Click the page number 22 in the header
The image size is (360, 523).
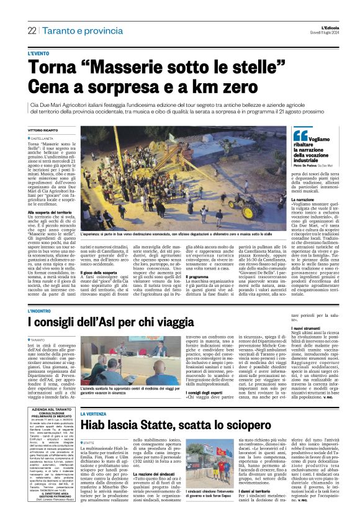click(32, 31)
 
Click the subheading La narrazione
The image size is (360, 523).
click(305, 182)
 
